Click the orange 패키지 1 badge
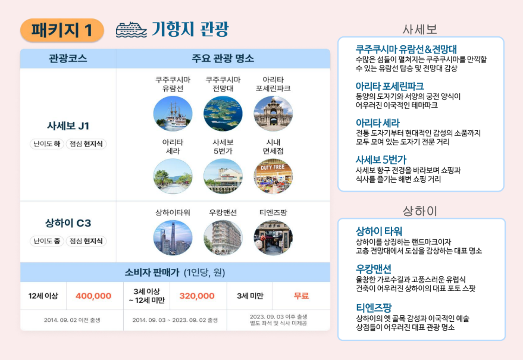click(x=62, y=30)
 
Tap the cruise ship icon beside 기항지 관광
click(x=131, y=30)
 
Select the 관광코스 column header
click(x=68, y=58)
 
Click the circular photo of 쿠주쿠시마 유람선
click(x=173, y=114)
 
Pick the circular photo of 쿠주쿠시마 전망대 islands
click(x=223, y=114)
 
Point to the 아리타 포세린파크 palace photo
click(x=273, y=114)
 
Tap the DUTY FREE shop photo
click(x=273, y=176)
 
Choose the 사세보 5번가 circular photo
click(x=223, y=176)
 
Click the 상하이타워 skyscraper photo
click(x=173, y=237)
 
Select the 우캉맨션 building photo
click(x=223, y=237)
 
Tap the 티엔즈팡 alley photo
click(x=273, y=237)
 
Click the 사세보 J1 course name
click(x=68, y=126)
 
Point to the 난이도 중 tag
click(x=46, y=241)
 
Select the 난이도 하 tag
click(x=46, y=144)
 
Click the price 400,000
click(x=93, y=296)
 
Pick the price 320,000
click(x=197, y=296)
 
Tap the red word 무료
click(x=301, y=296)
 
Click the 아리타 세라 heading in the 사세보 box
click(x=378, y=123)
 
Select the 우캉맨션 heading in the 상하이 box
click(x=373, y=268)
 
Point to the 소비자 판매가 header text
click(x=152, y=273)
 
